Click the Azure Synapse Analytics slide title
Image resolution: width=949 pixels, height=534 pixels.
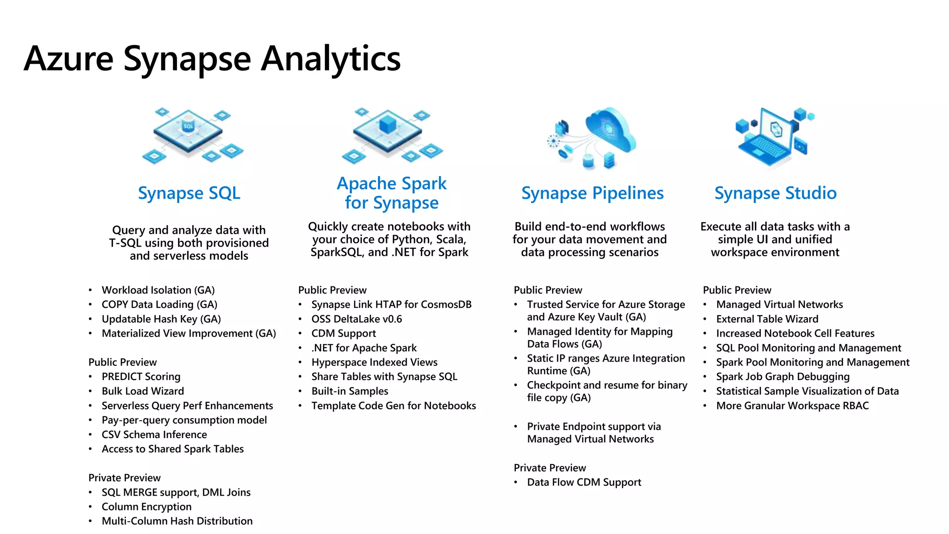tap(212, 59)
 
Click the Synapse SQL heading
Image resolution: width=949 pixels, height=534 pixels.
tap(189, 193)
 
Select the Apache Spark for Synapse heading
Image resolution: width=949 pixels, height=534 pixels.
tap(392, 193)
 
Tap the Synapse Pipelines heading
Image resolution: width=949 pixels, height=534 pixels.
tap(592, 193)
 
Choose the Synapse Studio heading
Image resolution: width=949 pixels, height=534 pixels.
tap(775, 193)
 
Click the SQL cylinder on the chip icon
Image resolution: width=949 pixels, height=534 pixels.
tap(188, 126)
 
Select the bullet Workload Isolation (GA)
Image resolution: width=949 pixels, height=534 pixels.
tap(158, 290)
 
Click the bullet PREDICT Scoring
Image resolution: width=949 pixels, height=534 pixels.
tap(141, 377)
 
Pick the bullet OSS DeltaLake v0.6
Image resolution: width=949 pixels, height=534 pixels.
tap(356, 319)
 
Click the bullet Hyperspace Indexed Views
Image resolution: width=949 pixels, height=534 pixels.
tap(374, 362)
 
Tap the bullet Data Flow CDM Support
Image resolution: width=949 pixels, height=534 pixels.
tap(584, 483)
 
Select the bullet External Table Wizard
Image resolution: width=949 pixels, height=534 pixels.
tap(767, 319)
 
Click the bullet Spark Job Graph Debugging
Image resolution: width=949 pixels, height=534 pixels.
tap(783, 377)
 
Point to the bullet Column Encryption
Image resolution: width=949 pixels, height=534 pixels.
tap(146, 507)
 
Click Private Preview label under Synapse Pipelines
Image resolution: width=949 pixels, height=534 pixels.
tap(550, 468)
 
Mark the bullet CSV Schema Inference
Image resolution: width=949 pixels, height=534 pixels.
tap(154, 435)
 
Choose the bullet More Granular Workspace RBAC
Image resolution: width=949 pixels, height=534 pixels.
tap(792, 406)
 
